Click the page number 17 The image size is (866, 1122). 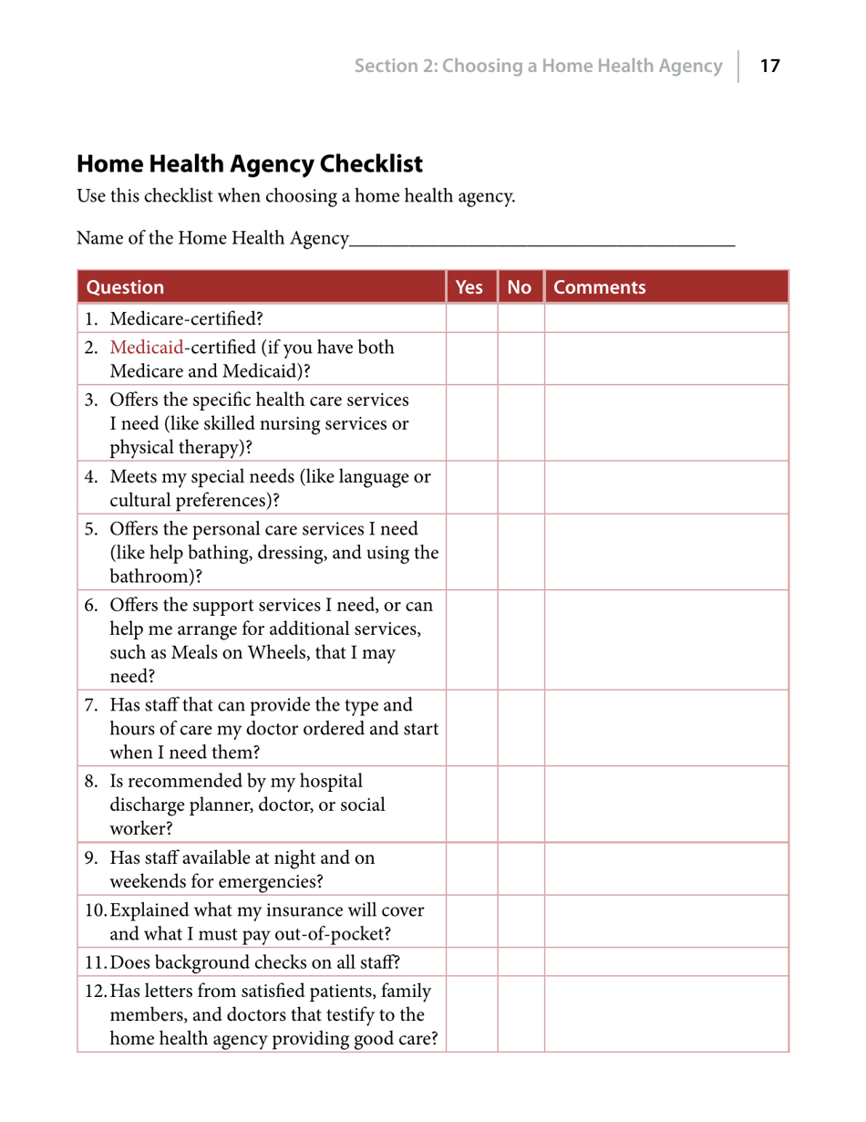pos(770,66)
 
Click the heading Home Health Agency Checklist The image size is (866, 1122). pos(250,164)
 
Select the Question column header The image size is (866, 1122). pos(125,287)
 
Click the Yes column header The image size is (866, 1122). pos(468,287)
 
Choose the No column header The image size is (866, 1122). pos(520,287)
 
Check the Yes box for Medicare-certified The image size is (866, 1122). pos(470,318)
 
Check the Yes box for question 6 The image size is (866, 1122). pos(470,641)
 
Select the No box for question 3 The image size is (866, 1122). pos(521,423)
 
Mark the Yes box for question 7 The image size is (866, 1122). pos(470,729)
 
